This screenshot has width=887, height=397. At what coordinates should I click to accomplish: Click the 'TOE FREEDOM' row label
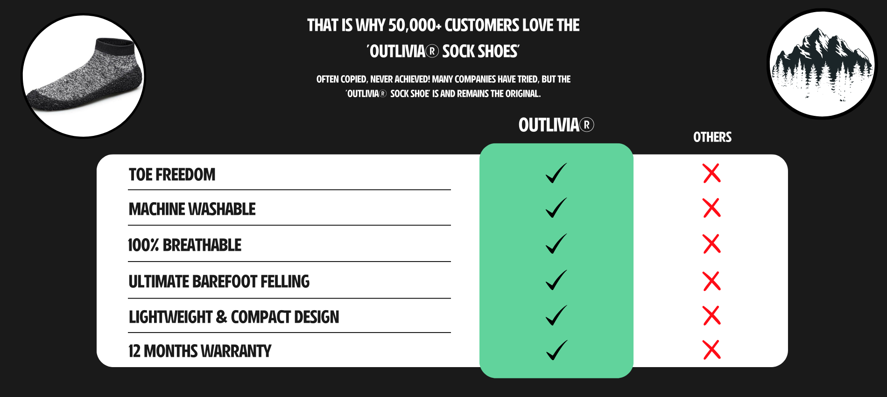(172, 175)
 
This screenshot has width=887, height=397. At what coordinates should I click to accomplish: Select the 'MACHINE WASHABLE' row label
(192, 209)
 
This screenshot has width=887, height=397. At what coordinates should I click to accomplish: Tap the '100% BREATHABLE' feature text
(184, 245)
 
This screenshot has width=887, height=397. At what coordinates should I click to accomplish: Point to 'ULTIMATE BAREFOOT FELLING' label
(219, 282)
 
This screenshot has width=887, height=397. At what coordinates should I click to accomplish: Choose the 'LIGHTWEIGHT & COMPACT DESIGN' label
(234, 317)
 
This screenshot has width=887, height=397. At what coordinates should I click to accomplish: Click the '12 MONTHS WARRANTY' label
(200, 351)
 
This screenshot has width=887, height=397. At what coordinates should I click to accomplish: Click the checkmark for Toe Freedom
(556, 173)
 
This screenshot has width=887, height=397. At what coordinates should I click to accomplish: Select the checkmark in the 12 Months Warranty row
(556, 350)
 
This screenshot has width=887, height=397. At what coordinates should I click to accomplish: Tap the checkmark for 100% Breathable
(556, 244)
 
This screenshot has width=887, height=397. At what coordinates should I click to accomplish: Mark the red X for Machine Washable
(711, 208)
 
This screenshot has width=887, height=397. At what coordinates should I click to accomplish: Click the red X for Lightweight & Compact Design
(711, 316)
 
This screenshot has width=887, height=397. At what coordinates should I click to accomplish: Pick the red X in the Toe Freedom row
(711, 173)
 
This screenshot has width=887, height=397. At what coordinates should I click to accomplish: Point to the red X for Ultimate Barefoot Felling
(711, 281)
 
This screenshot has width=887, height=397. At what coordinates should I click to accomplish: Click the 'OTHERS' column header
(712, 137)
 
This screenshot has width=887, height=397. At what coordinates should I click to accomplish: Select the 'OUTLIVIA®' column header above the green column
(556, 125)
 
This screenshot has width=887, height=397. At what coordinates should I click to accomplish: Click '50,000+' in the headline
(414, 25)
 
